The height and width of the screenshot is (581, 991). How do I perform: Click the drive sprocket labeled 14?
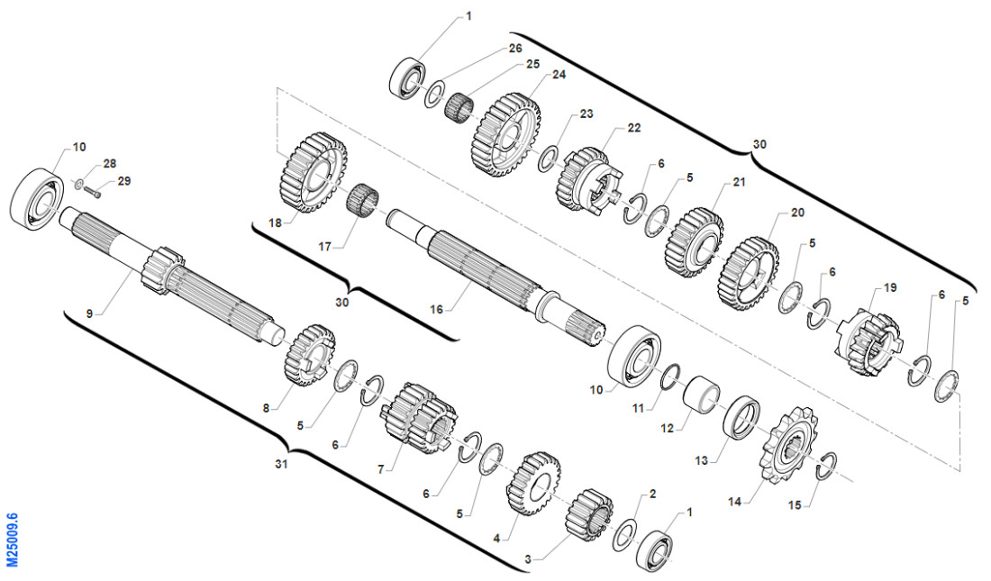789,448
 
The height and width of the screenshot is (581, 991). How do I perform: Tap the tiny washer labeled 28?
77,186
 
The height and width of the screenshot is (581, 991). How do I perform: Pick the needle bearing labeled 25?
461,107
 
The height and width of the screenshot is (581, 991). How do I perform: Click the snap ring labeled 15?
827,466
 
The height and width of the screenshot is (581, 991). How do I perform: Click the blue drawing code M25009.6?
12,540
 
